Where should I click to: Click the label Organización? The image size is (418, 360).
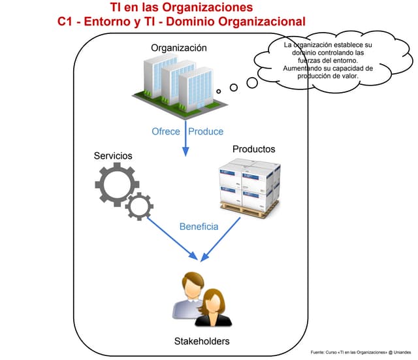point(179,48)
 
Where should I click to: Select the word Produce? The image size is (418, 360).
point(206,132)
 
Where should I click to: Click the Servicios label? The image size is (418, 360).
point(113,156)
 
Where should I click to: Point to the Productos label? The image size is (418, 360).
point(253,149)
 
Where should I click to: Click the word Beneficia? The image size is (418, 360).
point(199,227)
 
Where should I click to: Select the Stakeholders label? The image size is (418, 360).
point(202,341)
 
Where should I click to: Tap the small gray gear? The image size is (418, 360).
point(140,206)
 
